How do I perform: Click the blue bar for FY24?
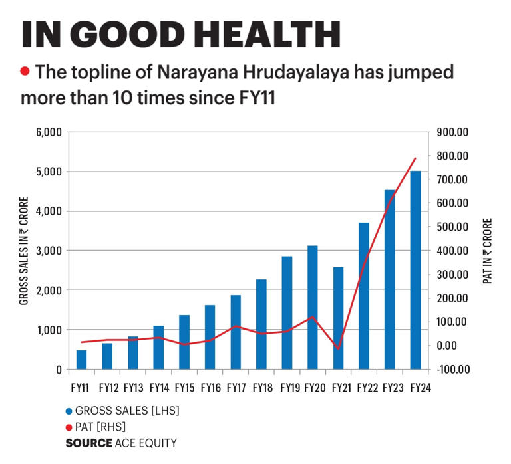415,269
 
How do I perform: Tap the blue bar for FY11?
81,359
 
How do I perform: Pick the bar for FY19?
287,312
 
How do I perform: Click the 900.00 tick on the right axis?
453,132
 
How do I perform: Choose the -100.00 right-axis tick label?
452,370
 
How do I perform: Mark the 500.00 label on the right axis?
453,227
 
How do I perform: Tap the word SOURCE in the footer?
88,443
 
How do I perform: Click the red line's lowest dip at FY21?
338,348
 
